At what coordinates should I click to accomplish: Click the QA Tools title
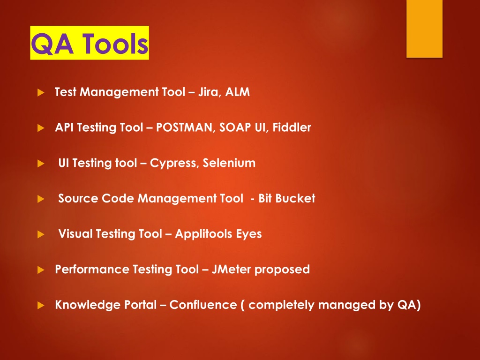tap(90, 43)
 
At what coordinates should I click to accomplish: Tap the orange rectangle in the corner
tap(424, 29)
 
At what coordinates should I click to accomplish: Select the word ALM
tap(238, 92)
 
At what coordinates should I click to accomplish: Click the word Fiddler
tap(292, 127)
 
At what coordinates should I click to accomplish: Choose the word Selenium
tap(229, 163)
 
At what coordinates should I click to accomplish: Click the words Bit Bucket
tap(287, 198)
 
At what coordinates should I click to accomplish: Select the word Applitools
tap(203, 234)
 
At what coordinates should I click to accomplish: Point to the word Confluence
tap(203, 305)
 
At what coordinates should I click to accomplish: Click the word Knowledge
tap(88, 305)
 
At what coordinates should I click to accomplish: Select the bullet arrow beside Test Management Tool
tap(41, 92)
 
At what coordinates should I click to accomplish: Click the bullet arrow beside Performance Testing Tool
tap(41, 270)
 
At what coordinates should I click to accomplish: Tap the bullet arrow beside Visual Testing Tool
tap(41, 234)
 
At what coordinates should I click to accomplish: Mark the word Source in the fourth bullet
tap(78, 198)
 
